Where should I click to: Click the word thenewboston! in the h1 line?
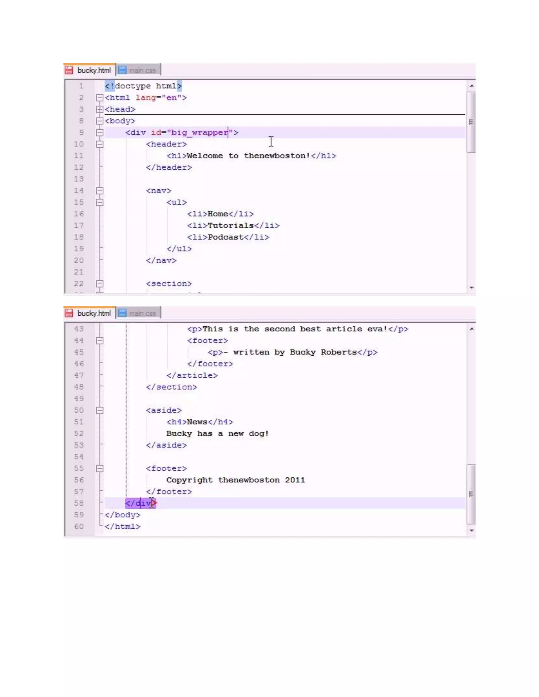277,156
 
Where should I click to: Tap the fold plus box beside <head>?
100,109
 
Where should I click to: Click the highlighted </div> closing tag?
141,503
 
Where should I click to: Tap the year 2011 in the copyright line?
295,480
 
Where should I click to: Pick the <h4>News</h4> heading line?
199,422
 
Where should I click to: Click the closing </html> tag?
123,527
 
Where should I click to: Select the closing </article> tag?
192,375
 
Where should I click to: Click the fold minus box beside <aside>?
100,410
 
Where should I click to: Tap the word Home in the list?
218,214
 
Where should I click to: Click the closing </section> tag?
172,387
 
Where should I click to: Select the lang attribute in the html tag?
146,98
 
